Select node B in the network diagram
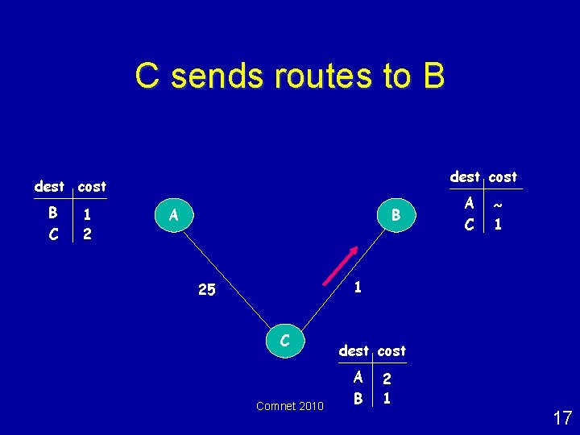(x=396, y=215)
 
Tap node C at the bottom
(x=284, y=341)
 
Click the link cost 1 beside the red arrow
(x=358, y=286)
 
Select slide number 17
(x=562, y=418)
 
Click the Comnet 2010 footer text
(x=290, y=406)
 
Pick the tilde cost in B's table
(x=498, y=205)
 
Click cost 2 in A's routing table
(x=86, y=234)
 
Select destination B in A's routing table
(x=52, y=213)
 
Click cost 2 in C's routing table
(x=387, y=378)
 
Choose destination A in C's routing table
(x=357, y=377)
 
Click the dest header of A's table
(x=50, y=187)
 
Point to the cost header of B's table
(x=503, y=176)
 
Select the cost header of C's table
(x=392, y=351)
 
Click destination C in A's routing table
(x=52, y=234)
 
